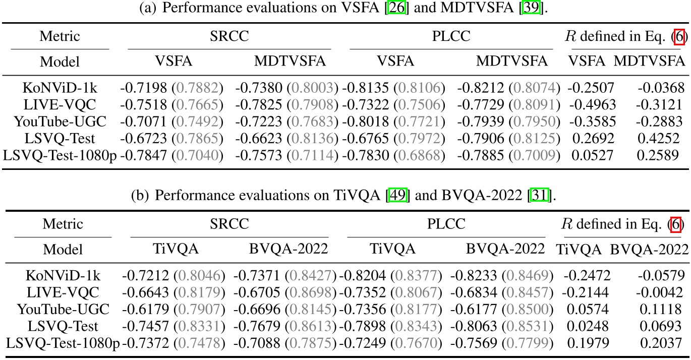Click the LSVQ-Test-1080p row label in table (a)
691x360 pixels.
coord(60,156)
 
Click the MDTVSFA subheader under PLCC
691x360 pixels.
coord(512,62)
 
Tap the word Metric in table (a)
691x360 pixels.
coord(60,37)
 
